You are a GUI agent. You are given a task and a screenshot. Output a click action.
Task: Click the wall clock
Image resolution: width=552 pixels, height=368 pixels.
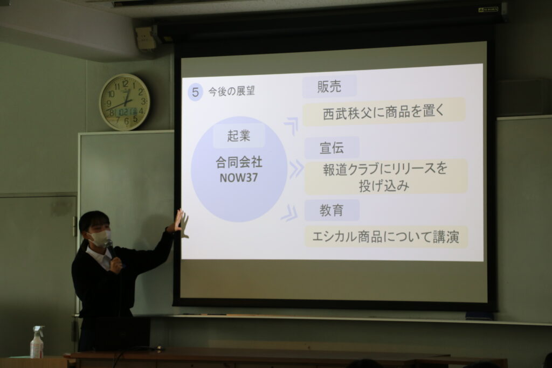[x=125, y=102]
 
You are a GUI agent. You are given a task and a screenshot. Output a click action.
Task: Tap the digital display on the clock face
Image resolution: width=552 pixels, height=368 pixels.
[x=127, y=112]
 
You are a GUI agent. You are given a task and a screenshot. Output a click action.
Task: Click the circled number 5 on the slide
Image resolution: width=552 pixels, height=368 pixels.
[x=195, y=93]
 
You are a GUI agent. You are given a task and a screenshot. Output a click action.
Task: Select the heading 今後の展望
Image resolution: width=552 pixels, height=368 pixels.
[x=231, y=92]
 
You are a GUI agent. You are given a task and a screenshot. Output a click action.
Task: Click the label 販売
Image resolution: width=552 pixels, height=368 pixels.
[x=329, y=87]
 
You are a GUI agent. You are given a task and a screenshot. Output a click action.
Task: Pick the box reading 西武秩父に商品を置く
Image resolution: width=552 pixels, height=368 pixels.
[x=384, y=112]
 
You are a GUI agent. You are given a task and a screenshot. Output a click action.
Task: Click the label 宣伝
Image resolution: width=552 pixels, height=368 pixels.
[x=332, y=148]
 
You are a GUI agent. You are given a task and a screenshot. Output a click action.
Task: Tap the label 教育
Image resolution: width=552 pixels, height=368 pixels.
[x=332, y=210]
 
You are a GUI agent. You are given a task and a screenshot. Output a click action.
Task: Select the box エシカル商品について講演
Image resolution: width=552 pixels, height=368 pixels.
[x=386, y=237]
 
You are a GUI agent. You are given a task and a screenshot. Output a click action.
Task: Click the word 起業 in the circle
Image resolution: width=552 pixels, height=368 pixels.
[x=239, y=136]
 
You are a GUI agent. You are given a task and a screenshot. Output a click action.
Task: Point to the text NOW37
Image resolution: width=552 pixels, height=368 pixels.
[x=239, y=178]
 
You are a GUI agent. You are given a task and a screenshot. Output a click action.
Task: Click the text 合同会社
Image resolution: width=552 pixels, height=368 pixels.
[x=239, y=162]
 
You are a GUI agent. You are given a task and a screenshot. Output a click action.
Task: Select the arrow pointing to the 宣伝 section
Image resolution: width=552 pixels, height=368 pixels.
[x=296, y=169]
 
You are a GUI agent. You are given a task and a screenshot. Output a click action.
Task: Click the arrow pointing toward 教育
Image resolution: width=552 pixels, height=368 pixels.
[x=289, y=213]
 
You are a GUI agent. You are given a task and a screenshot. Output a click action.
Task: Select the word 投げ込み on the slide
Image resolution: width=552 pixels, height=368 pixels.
[x=384, y=185]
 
